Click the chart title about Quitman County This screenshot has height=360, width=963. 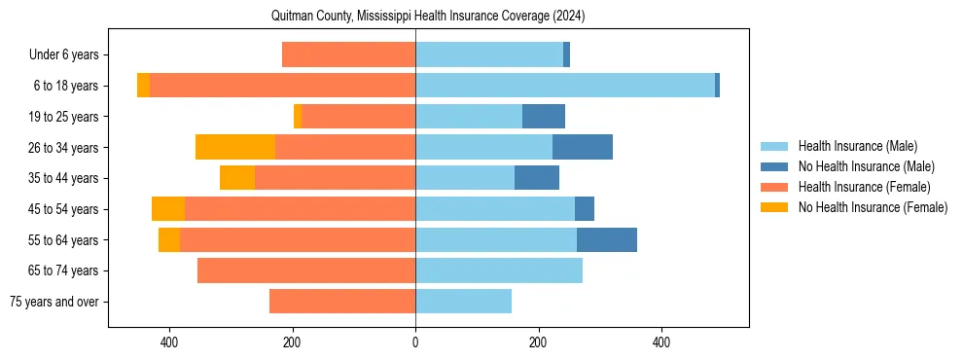428,16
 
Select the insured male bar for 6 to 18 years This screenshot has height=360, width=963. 564,86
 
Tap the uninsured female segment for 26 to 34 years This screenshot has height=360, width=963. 235,147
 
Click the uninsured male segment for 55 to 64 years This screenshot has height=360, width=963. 607,239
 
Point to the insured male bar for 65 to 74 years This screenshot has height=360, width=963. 499,270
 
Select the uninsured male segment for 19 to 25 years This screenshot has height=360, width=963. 544,117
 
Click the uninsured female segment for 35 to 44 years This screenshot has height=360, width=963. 237,178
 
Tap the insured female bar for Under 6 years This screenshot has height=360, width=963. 348,54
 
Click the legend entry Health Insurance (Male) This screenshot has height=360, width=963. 857,146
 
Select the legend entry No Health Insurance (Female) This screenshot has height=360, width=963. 873,207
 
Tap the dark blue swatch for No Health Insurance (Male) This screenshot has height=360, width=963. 774,166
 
